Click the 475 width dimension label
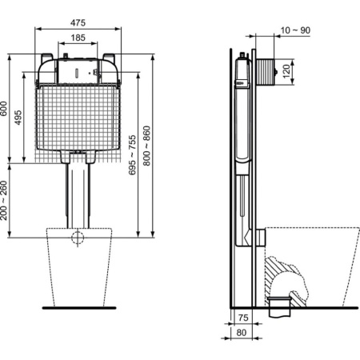point(78,22)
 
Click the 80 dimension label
point(241,332)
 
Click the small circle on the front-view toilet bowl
point(77,237)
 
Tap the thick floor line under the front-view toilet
point(77,307)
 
